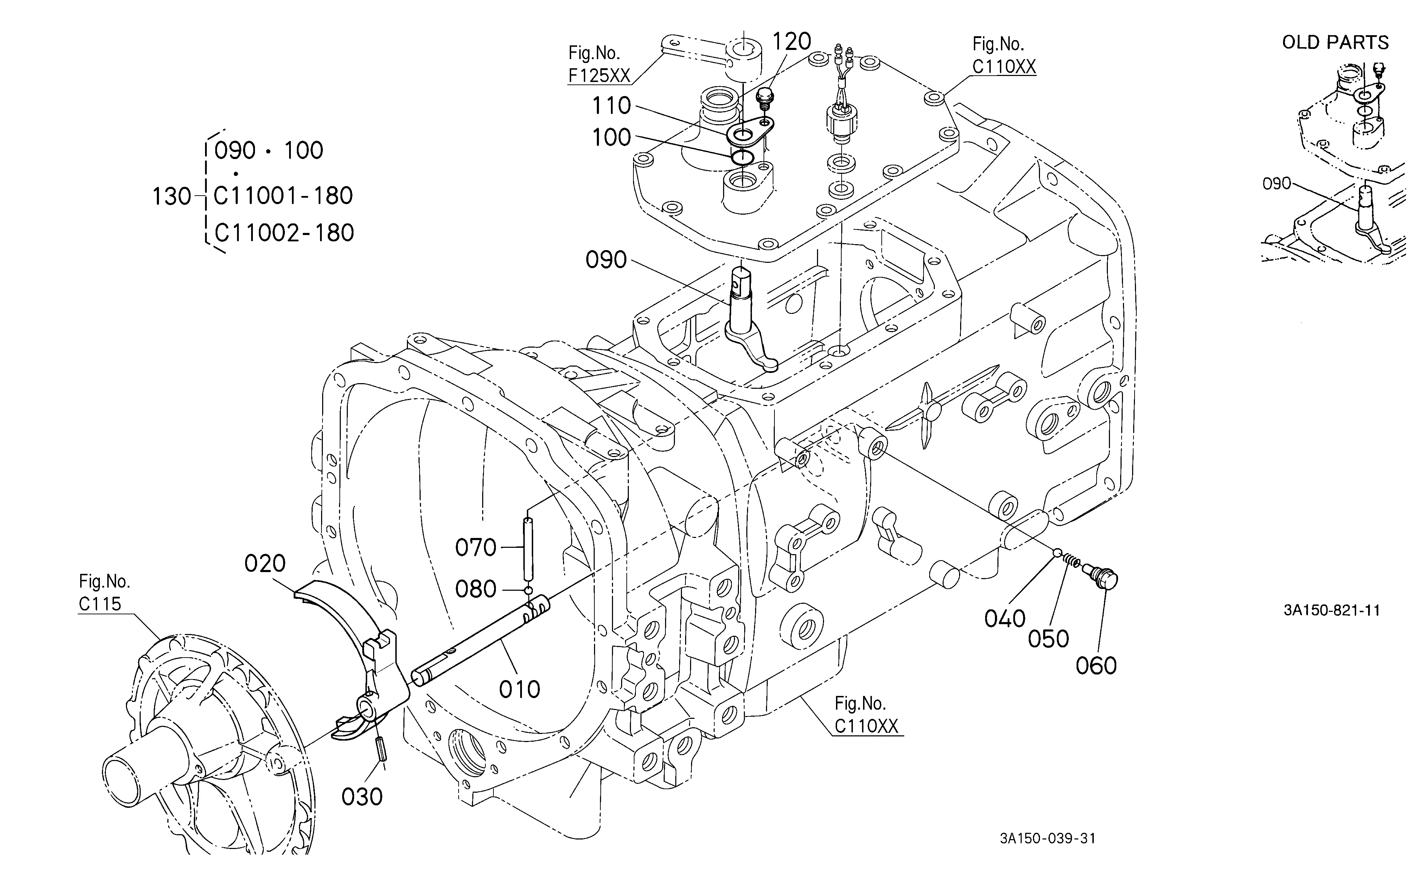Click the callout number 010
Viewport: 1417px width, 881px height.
pos(519,689)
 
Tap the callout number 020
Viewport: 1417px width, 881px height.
pos(265,563)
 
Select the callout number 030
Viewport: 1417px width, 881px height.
pos(362,797)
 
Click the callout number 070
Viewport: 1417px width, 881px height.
pos(476,548)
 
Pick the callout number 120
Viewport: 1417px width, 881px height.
pos(791,42)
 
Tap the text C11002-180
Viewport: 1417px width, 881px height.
pos(284,233)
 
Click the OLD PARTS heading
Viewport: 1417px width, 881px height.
pos(1335,43)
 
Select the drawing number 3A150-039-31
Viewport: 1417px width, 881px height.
pos(1048,838)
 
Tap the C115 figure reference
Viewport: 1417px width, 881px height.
pos(100,604)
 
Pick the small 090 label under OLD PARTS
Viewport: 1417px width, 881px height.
pos(1277,184)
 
